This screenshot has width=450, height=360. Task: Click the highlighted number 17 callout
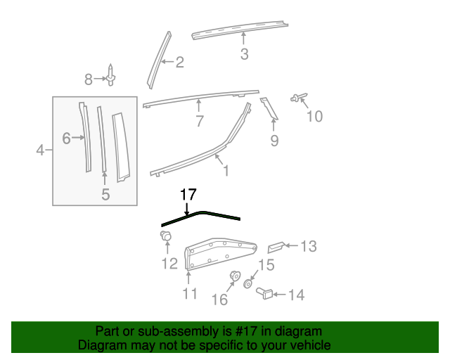click(188, 195)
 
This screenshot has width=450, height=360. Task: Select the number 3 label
click(244, 53)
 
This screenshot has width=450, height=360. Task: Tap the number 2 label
click(179, 63)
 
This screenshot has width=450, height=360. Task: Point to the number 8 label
click(89, 79)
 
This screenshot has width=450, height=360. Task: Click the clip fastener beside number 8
click(111, 77)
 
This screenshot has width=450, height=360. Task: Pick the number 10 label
click(314, 115)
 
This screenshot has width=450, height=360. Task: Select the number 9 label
click(274, 141)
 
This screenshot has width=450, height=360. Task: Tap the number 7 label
click(200, 121)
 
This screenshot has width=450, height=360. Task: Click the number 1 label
click(226, 170)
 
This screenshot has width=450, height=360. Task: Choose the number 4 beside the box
click(40, 150)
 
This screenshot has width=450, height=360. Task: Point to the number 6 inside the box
click(66, 139)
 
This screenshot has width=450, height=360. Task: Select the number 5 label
click(105, 195)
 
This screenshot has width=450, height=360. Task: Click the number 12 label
click(169, 264)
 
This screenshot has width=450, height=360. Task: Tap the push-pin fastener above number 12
click(167, 237)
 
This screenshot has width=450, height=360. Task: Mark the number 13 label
click(309, 246)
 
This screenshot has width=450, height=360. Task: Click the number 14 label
click(296, 295)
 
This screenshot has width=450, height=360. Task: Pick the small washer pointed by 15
click(248, 284)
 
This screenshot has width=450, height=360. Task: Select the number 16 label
click(219, 300)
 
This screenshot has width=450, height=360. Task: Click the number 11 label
click(190, 293)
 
